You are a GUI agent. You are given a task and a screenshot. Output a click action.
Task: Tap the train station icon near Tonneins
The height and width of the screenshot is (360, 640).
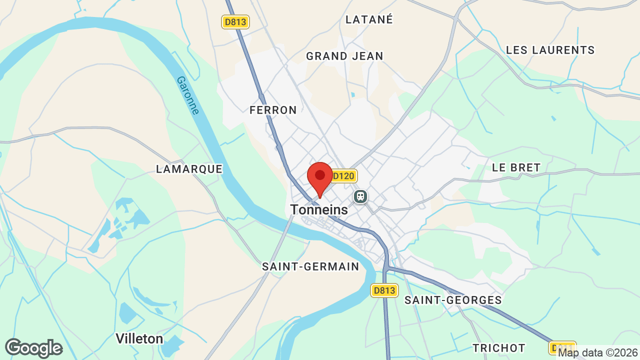(x=360, y=196)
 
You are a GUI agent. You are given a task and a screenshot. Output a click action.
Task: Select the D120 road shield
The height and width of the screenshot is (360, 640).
(x=343, y=176)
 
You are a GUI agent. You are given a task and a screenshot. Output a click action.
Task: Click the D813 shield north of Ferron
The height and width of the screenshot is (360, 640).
(x=235, y=21)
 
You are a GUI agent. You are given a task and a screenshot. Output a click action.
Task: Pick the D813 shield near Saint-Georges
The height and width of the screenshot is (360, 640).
(x=384, y=290)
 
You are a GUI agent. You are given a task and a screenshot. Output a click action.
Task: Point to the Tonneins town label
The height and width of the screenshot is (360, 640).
(x=319, y=210)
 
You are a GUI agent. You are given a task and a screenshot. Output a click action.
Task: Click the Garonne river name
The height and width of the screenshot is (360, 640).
(x=188, y=95)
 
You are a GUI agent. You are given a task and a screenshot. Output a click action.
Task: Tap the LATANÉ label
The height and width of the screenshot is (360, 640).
(x=369, y=19)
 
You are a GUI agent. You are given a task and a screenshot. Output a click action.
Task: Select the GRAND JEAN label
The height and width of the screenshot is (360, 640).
(x=344, y=56)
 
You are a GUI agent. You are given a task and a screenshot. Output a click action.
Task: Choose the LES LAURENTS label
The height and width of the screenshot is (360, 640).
(x=550, y=50)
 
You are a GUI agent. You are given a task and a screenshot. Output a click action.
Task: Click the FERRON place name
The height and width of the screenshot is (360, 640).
(x=273, y=110)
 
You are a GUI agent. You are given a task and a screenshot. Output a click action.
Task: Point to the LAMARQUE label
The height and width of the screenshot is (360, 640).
(x=189, y=169)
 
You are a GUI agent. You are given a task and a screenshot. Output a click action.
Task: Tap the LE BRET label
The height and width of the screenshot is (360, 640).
(x=516, y=167)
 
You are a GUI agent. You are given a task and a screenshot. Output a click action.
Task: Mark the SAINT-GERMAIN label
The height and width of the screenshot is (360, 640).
(x=310, y=266)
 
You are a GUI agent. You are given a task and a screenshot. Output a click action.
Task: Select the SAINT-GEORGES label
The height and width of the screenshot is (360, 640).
(x=453, y=300)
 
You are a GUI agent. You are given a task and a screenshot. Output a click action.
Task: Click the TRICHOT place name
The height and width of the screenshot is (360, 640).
(x=499, y=348)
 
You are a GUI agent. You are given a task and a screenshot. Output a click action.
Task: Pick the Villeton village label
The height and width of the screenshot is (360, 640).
(x=139, y=338)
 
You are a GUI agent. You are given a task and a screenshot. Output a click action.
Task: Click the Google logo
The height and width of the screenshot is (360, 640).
(x=33, y=348)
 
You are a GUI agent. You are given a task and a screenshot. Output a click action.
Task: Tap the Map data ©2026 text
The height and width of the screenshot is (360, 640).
(x=598, y=353)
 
